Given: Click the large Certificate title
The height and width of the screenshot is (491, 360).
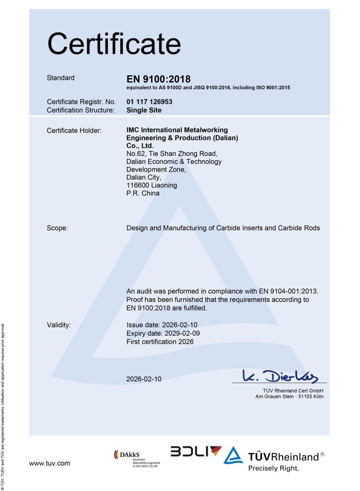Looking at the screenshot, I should [114, 44].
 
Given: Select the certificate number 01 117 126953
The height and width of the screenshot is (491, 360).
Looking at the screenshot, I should [149, 102].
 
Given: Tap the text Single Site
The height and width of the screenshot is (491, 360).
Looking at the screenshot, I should [144, 110].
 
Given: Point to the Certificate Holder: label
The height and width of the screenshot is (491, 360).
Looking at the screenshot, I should [74, 130].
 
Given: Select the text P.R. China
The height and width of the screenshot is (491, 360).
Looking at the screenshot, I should [143, 193].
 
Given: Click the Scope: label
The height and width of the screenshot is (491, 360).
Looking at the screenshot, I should [58, 228].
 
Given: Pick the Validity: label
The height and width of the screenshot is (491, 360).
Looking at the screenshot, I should [59, 325].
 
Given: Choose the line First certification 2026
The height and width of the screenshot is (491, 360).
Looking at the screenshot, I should [160, 341].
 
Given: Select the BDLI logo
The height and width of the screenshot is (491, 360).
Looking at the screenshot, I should [196, 452].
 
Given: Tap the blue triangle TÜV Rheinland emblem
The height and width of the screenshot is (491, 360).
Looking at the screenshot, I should [233, 456].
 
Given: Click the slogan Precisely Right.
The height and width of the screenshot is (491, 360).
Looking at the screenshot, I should [273, 468].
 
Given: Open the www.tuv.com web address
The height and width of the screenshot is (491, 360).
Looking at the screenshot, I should [49, 463].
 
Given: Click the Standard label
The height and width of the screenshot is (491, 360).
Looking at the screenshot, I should [61, 78].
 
